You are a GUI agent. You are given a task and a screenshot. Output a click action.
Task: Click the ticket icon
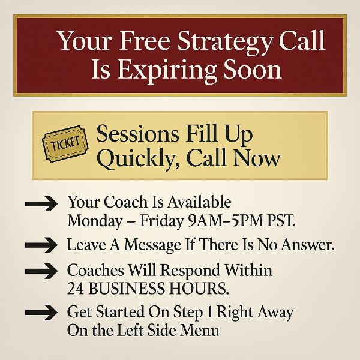click(x=65, y=144)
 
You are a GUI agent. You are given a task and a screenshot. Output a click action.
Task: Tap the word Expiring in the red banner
click(x=167, y=70)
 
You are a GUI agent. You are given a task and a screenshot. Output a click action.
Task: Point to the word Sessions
click(x=137, y=134)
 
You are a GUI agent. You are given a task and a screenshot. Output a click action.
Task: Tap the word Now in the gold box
click(x=257, y=158)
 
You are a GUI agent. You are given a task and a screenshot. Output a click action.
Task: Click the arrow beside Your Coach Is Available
click(x=41, y=203)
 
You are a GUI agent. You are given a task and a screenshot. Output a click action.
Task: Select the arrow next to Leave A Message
click(x=41, y=245)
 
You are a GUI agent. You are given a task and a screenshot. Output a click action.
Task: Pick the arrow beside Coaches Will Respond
click(x=41, y=271)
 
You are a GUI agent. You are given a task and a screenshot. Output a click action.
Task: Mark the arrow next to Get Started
click(x=41, y=313)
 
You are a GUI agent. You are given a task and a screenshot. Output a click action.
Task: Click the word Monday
click(x=95, y=221)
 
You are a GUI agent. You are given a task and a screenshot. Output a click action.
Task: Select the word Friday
click(x=161, y=221)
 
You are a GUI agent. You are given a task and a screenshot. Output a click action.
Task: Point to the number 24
click(x=76, y=289)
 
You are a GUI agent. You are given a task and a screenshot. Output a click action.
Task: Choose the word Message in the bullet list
click(x=152, y=245)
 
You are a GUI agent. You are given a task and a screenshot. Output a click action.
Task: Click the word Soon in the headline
click(x=253, y=70)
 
